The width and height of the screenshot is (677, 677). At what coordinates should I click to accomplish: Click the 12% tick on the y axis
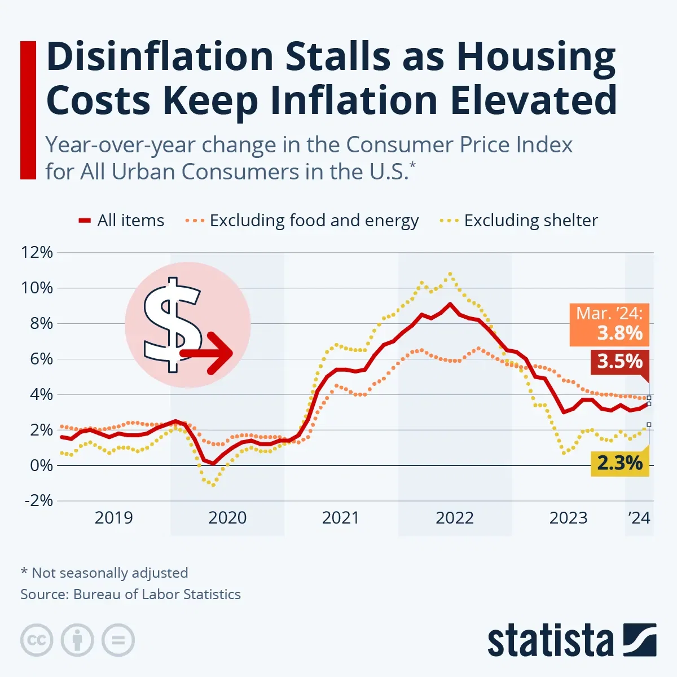(x=37, y=252)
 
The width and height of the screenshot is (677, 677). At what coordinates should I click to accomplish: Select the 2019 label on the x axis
(x=113, y=518)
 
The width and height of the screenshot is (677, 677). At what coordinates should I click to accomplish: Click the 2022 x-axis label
(x=455, y=518)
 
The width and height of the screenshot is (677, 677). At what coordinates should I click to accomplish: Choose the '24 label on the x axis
(x=639, y=518)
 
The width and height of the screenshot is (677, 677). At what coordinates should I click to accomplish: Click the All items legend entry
(x=122, y=221)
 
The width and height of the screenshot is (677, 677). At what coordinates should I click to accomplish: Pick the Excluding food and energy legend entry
(x=302, y=221)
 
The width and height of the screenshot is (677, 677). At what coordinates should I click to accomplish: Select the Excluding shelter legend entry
(x=519, y=221)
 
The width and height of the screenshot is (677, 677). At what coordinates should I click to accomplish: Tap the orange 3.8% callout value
(x=619, y=333)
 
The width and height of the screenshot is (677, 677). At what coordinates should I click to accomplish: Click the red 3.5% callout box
(x=619, y=361)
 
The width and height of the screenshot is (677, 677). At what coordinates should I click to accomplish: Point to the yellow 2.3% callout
(x=619, y=463)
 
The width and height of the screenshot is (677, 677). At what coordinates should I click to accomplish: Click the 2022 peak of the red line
(x=450, y=304)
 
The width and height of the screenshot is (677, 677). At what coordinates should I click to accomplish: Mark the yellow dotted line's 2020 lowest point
(x=213, y=485)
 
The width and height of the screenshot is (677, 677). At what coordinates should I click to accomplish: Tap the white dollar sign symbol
(x=172, y=324)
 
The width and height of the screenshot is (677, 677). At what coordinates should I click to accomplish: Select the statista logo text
(x=550, y=641)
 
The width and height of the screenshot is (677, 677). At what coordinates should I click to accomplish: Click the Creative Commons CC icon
(x=37, y=640)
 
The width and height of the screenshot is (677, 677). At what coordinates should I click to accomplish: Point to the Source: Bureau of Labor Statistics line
(x=130, y=594)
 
